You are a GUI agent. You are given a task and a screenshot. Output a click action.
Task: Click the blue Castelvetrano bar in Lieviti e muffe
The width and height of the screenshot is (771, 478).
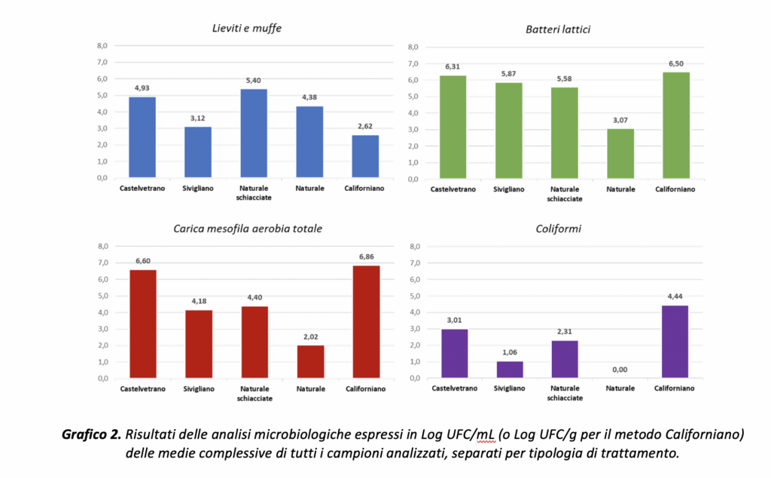point(142,137)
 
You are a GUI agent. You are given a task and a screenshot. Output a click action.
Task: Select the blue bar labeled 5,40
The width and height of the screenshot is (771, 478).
point(254,133)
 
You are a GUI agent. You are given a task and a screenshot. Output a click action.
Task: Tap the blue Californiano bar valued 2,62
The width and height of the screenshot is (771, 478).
point(365,157)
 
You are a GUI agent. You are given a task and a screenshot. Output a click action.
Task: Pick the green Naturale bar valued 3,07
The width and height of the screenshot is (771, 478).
point(620,154)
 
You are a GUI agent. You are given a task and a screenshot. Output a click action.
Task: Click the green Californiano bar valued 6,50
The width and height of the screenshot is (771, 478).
point(676,125)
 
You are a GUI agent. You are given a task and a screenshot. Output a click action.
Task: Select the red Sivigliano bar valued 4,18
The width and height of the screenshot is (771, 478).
point(198,344)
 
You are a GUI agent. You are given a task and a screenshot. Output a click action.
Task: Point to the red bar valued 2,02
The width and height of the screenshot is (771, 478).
point(310,362)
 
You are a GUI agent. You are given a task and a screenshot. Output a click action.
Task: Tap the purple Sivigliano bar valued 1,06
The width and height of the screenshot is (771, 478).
point(509,370)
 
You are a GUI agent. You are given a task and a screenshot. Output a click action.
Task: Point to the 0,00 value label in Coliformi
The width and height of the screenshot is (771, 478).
point(620,369)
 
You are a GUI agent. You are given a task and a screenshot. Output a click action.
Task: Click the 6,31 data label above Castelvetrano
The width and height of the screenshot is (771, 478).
point(453,66)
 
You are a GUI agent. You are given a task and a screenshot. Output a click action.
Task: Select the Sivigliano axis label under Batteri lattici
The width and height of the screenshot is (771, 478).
point(509,189)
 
